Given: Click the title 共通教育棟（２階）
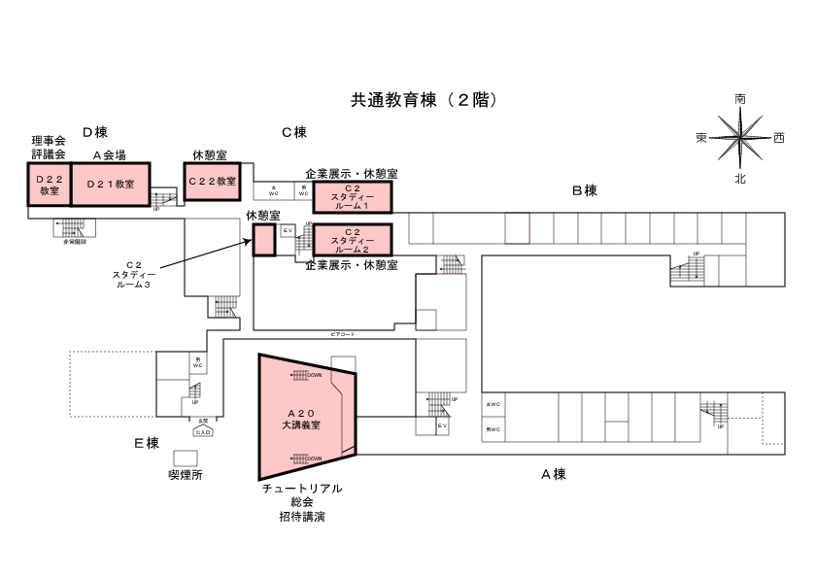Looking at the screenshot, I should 425,100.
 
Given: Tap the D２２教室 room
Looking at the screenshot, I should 50,185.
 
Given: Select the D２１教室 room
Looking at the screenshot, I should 111,184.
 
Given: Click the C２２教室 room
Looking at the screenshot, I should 212,182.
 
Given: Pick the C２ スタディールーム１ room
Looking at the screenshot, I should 352,197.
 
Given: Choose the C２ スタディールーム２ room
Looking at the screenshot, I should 352,239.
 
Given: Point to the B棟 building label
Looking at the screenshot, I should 583,190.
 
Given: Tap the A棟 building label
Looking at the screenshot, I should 554,474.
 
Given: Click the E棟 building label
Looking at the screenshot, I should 147,443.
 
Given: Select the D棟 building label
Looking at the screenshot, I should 94,132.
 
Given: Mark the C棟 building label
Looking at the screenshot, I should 294,132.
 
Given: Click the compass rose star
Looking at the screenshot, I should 740,138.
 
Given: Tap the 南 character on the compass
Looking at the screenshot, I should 740,99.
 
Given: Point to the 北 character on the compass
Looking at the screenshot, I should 740,178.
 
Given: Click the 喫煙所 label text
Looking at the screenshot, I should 186,475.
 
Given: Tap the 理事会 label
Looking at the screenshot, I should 48,141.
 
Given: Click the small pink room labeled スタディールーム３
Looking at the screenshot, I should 264,240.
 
